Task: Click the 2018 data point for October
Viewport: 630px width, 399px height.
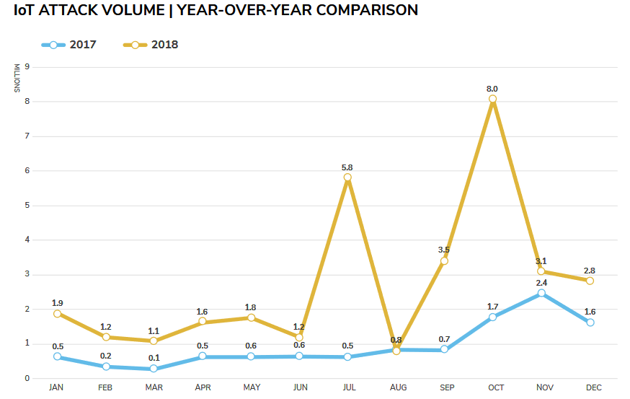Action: (x=492, y=99)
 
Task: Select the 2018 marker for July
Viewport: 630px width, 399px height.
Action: (x=347, y=177)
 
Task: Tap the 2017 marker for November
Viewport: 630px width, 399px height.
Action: (x=541, y=293)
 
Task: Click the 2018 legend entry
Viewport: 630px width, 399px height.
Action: (x=151, y=45)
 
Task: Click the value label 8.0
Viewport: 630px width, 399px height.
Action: (x=492, y=89)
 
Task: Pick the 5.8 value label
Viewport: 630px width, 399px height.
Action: (x=347, y=167)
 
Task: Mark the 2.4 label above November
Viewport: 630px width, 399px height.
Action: (x=541, y=283)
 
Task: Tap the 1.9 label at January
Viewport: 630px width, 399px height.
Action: (x=57, y=303)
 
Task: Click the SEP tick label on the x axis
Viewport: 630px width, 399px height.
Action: (x=447, y=387)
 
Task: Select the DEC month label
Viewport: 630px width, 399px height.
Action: (x=593, y=387)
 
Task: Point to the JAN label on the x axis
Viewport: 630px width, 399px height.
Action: (x=56, y=387)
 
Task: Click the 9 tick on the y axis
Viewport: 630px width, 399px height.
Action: (x=27, y=67)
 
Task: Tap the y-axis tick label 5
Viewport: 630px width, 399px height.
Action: (x=27, y=205)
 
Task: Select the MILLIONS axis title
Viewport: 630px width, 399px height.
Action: (x=17, y=79)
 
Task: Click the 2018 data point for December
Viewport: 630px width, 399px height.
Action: (x=590, y=281)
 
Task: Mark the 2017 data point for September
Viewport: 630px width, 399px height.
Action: (x=444, y=349)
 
